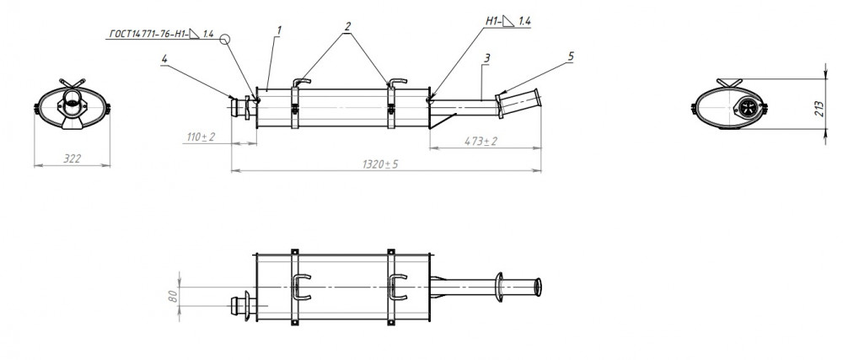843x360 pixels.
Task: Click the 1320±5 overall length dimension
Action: (380, 164)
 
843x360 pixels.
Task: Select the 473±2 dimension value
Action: (481, 142)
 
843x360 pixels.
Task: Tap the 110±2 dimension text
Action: (201, 137)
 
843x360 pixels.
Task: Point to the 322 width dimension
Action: (72, 159)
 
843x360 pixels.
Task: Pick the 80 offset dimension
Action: (173, 297)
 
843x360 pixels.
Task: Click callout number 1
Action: (279, 30)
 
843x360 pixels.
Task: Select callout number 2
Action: (348, 26)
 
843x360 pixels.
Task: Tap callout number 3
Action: (486, 58)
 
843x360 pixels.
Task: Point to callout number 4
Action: (164, 59)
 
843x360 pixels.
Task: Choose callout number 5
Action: (571, 56)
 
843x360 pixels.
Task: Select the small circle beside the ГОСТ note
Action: (225, 39)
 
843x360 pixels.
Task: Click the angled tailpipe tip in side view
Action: (519, 102)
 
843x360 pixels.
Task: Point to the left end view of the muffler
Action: (72, 105)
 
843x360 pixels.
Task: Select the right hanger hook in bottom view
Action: (398, 287)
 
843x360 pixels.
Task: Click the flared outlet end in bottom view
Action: (538, 287)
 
